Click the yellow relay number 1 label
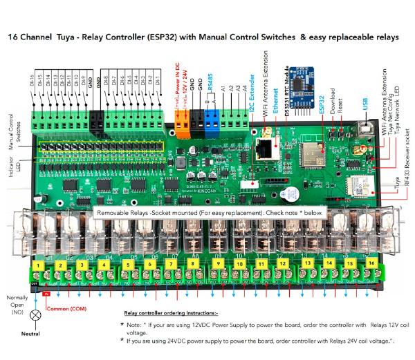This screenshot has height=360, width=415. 41,264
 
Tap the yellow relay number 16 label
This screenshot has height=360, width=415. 372,264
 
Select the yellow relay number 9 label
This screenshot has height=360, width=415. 218,264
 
